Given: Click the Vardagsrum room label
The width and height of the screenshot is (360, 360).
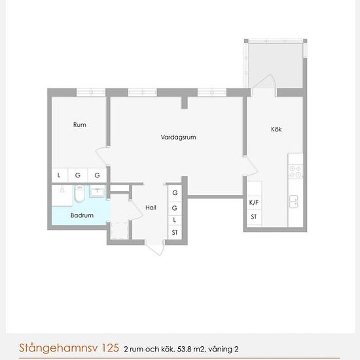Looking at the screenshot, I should (x=178, y=137).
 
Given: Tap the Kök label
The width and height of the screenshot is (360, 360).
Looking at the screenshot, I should (x=276, y=129).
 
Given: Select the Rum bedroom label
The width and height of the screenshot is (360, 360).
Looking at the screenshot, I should (x=80, y=124).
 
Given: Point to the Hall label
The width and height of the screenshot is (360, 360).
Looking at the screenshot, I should (x=151, y=207).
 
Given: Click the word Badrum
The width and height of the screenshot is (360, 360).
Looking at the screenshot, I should (x=82, y=215).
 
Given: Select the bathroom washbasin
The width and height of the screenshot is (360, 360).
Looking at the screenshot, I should (x=98, y=192).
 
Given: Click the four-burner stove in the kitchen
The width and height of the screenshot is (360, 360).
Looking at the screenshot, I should (x=296, y=171).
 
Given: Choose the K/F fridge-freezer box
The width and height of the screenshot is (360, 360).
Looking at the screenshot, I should (x=254, y=203).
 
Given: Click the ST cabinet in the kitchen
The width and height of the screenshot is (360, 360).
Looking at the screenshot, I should (x=254, y=217).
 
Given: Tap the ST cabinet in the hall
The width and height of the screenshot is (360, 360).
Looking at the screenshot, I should (x=175, y=233).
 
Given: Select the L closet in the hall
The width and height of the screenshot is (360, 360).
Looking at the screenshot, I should (x=175, y=220).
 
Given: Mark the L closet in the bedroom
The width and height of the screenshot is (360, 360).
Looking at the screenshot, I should (x=59, y=175).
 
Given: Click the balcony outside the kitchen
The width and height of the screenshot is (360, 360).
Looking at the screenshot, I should (x=275, y=63).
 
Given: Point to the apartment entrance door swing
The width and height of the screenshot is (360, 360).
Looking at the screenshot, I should (x=155, y=247).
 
